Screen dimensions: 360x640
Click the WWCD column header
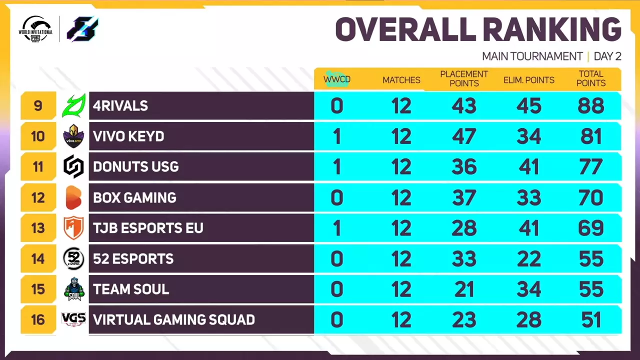337,79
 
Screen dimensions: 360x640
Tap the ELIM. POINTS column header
529,80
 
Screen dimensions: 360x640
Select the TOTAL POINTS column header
591,79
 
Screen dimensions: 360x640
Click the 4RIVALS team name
120,106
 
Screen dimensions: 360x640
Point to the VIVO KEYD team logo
73,136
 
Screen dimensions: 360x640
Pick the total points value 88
591,106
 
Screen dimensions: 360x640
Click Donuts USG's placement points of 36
464,167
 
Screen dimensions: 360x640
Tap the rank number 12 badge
38,197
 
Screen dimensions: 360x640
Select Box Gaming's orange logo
73,197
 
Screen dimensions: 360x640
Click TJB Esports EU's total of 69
591,228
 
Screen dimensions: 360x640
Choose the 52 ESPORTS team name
133,258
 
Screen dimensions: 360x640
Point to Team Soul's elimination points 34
529,289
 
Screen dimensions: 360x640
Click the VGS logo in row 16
73,319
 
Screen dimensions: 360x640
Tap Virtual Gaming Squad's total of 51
591,319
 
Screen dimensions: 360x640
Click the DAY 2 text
607,56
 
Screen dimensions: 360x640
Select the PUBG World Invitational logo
36,29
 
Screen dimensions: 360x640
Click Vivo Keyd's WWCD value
337,136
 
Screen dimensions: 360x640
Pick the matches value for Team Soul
401,289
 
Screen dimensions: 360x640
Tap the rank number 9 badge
38,106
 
